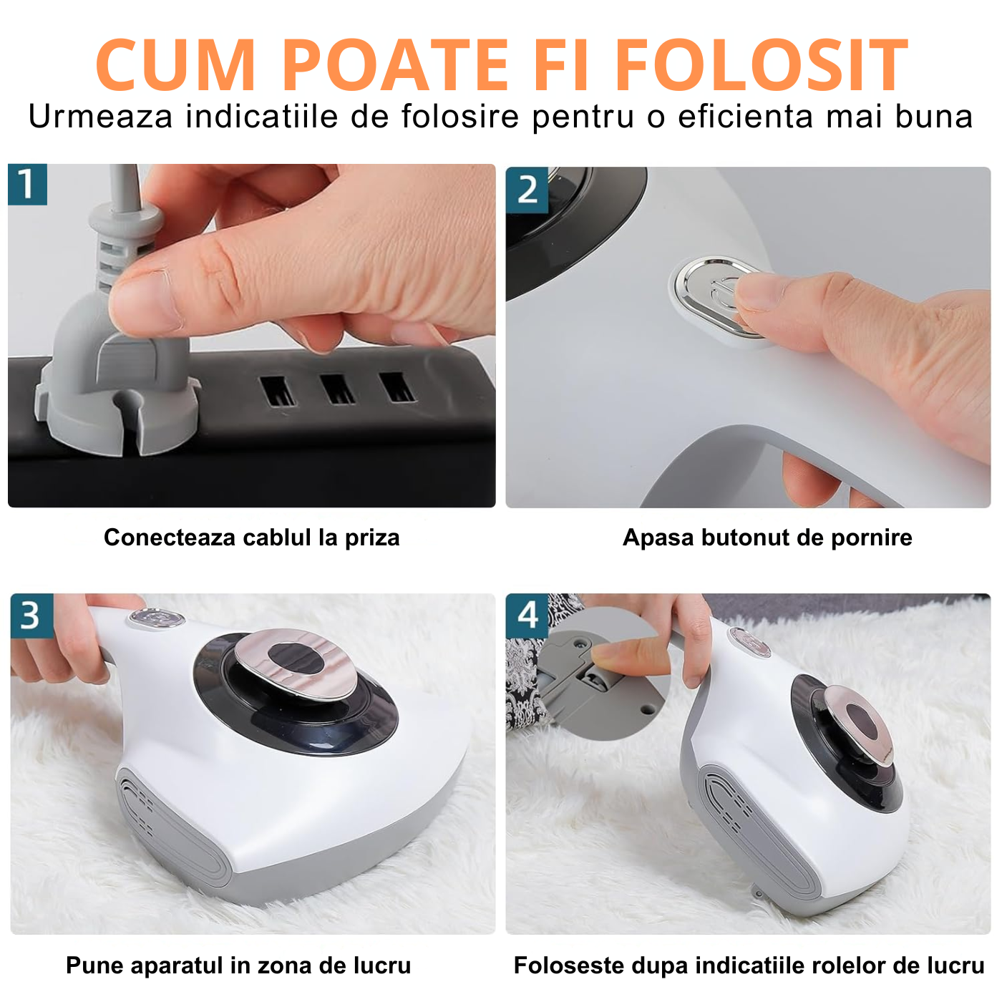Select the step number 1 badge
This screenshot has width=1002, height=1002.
(28, 185)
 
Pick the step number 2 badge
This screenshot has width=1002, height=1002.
(527, 190)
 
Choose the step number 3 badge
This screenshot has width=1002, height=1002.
(31, 616)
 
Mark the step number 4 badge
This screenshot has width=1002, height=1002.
(527, 616)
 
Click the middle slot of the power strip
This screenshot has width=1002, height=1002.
(338, 389)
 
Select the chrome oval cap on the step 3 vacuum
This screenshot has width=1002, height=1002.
(296, 662)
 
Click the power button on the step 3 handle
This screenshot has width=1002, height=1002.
(157, 618)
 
